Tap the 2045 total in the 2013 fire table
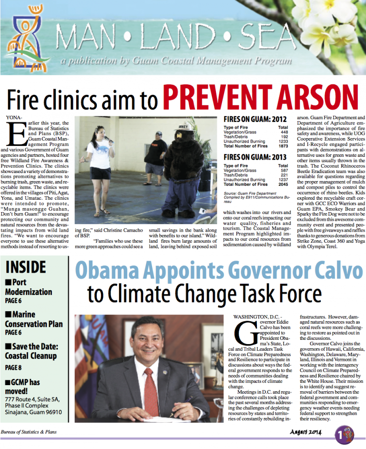coord(282,184)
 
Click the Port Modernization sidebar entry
coord(29,287)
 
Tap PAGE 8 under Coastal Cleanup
coord(13,367)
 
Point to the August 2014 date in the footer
coord(306,431)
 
